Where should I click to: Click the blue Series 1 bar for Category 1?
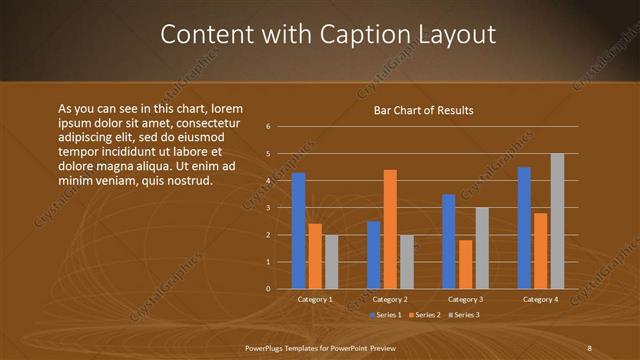[298, 231]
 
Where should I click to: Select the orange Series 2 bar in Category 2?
[390, 229]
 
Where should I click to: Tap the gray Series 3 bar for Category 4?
[557, 221]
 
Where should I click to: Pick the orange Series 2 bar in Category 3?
[465, 264]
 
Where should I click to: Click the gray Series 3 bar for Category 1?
[331, 262]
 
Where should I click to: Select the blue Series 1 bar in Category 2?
[374, 255]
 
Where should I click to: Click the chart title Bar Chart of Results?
[423, 110]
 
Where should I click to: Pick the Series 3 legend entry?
[463, 315]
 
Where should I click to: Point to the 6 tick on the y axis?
[268, 127]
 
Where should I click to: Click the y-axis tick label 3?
[268, 208]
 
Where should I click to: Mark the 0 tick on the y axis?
[268, 289]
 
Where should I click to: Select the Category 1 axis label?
[315, 299]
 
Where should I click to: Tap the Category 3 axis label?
[465, 299]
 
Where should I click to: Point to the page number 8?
[589, 347]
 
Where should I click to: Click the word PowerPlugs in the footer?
[267, 347]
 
